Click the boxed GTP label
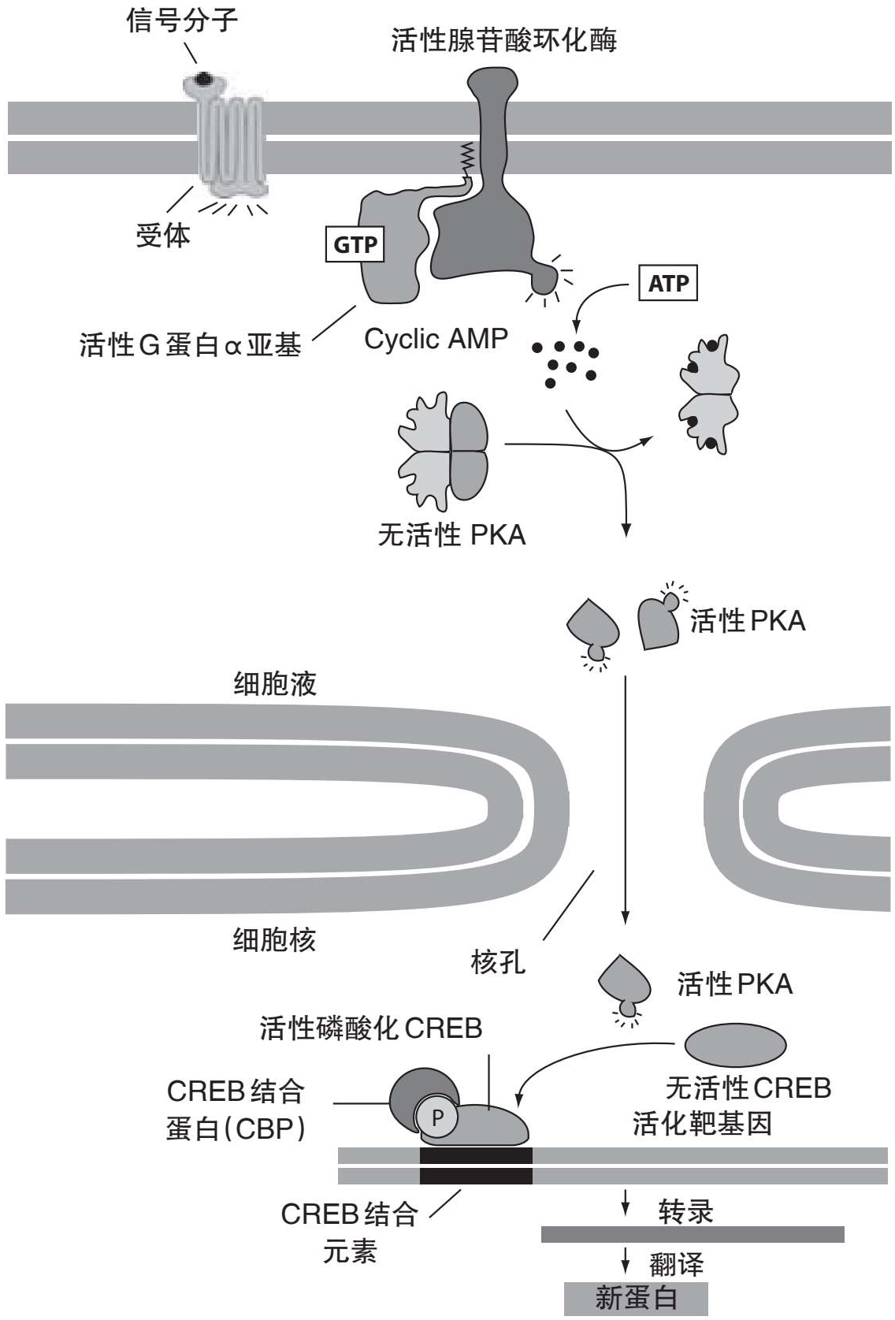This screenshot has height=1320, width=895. tap(355, 244)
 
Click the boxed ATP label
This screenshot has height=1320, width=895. tap(668, 283)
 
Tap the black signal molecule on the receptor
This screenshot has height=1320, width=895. tap(203, 79)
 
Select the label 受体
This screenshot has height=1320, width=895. tap(163, 235)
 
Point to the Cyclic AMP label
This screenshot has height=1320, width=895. tap(436, 339)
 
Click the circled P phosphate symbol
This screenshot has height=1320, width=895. tap(437, 1117)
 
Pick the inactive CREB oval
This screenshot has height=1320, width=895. tap(735, 1045)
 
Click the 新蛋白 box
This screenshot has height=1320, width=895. tap(636, 1298)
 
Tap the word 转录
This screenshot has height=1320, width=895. tap(685, 1211)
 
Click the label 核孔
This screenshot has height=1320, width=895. tap(498, 962)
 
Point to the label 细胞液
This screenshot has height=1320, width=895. tap(275, 683)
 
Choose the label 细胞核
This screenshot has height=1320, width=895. tap(274, 939)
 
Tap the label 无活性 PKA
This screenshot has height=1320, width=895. tap(451, 536)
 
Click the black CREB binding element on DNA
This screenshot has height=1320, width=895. tap(476, 1166)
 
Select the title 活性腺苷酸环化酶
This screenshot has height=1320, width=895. tap(504, 39)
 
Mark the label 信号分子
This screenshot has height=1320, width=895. tap(182, 20)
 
